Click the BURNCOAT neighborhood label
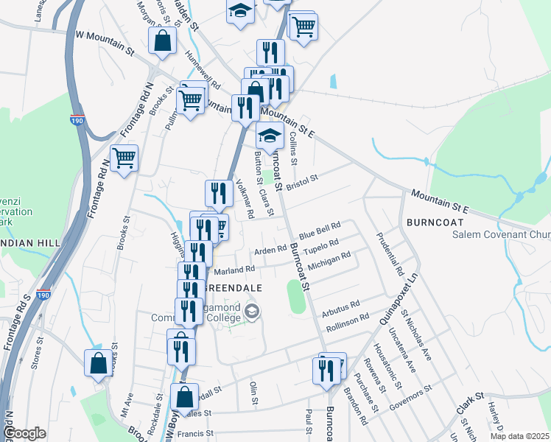click(429, 221)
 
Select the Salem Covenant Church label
click(501, 235)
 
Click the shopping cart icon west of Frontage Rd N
click(124, 158)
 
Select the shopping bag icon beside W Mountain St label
click(161, 42)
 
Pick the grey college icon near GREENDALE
click(252, 312)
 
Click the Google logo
click(24, 434)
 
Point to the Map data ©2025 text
click(520, 436)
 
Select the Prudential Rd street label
click(390, 254)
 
